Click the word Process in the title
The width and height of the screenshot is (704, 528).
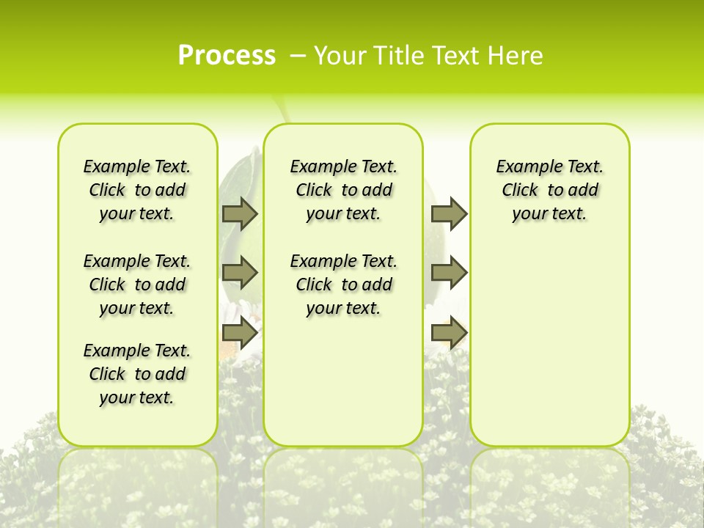227,56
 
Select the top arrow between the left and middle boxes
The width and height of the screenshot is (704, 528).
240,213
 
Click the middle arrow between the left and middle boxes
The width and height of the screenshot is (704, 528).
240,273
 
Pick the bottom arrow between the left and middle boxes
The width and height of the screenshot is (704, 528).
240,333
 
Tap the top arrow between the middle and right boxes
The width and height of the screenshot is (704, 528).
449,213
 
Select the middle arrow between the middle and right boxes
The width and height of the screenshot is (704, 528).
449,273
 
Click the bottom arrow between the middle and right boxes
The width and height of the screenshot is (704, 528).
449,333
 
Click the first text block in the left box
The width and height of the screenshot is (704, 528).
137,190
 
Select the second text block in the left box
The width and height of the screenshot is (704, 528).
137,285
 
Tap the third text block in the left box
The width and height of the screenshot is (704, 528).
137,374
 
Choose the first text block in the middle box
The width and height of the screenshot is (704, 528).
343,190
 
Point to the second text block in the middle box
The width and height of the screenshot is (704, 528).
343,285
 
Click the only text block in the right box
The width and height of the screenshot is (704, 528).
550,190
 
